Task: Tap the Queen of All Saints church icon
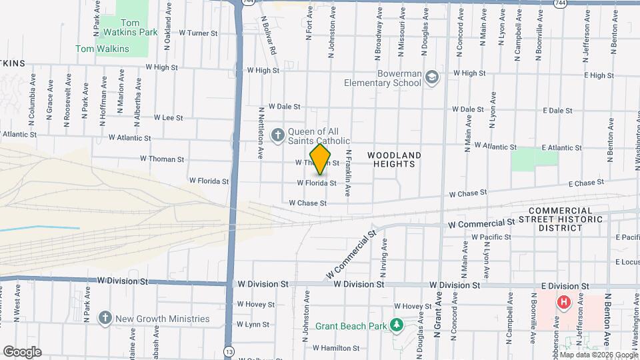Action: coord(277,135)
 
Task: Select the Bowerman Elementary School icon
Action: coord(432,78)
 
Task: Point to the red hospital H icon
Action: coord(564,303)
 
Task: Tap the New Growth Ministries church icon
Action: coord(105,319)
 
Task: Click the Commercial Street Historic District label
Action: coord(570,219)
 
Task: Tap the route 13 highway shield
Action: coord(229,351)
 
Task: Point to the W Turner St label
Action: coord(199,33)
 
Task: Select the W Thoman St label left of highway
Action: coord(162,159)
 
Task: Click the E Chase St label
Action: coord(586,182)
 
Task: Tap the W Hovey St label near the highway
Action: coord(257,304)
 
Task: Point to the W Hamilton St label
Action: coord(336,348)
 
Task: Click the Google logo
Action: coord(22,351)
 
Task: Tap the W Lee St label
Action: coord(168,117)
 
